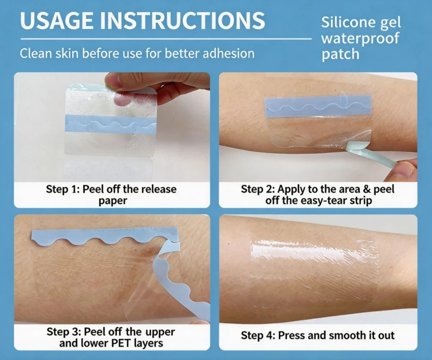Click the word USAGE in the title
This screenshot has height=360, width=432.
57,21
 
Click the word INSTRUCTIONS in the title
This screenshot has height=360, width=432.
183,21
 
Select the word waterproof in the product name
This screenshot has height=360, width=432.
360,39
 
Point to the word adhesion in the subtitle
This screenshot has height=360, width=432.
228,53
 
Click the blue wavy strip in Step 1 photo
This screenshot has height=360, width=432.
111,124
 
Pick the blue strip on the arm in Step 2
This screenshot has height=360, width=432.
318,107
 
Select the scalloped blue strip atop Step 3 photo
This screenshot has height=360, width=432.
105,236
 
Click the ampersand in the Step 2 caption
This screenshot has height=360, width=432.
366,189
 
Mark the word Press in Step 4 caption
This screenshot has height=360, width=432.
291,336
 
